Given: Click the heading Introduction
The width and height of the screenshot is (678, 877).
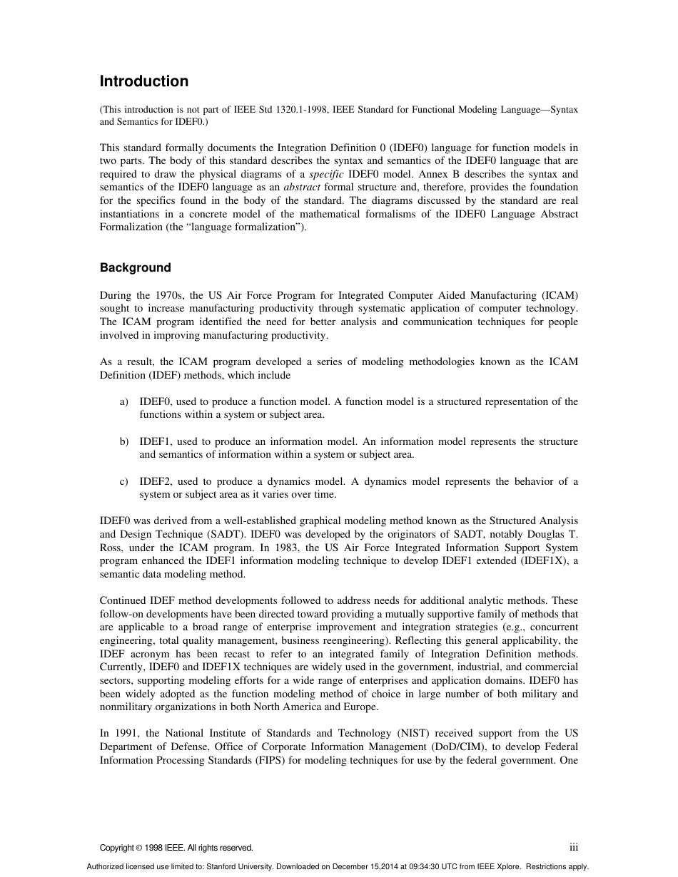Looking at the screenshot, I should point(143,81).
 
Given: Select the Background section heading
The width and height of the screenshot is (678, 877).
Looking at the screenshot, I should point(135,268).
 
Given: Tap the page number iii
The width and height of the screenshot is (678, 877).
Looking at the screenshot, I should point(573,847).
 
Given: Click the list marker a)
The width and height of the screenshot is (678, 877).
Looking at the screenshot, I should point(124,401).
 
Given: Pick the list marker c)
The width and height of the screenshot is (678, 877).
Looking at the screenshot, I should point(124,481).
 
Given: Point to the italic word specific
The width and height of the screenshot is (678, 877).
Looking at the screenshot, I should point(326,174).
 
